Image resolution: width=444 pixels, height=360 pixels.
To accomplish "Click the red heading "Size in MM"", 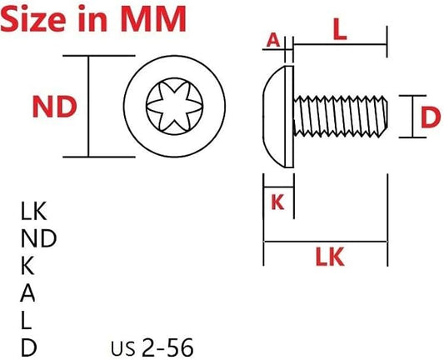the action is pyautogui.click(x=93, y=18).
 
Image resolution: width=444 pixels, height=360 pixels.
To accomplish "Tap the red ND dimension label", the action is pyautogui.click(x=55, y=107).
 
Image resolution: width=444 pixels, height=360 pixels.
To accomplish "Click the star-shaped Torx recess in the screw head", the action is pyautogui.click(x=174, y=106).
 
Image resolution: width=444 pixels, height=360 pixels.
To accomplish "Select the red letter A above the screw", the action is pyautogui.click(x=273, y=40).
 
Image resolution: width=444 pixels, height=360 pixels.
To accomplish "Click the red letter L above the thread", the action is pyautogui.click(x=340, y=30).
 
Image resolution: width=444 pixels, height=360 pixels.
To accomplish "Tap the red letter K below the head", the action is pyautogui.click(x=277, y=202).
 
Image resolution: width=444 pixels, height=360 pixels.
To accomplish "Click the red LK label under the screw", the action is pyautogui.click(x=330, y=257).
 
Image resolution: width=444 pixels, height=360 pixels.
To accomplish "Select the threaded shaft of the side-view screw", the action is pyautogui.click(x=341, y=117).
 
